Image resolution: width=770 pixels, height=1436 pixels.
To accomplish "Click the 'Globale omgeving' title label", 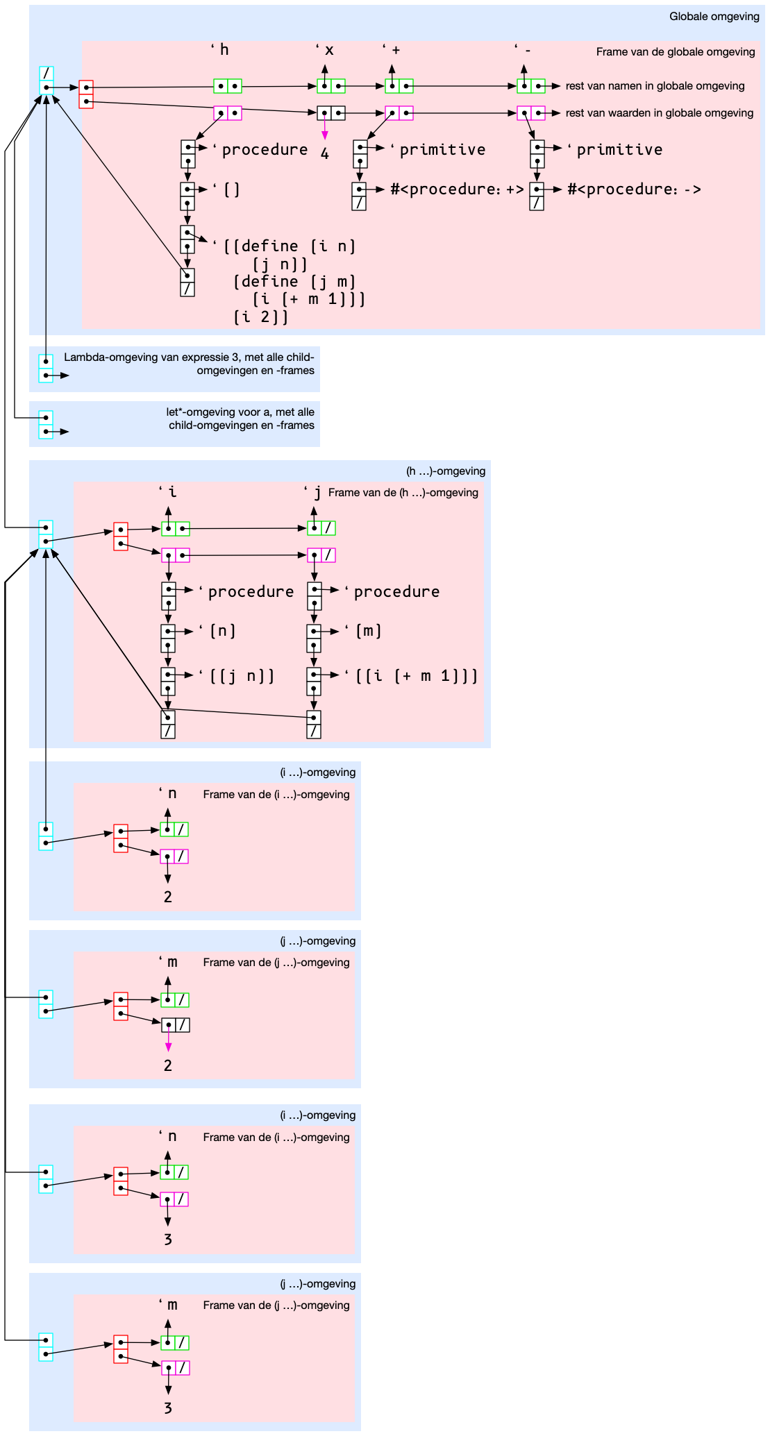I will (x=714, y=17).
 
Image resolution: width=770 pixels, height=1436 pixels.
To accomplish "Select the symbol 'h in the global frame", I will (x=221, y=49).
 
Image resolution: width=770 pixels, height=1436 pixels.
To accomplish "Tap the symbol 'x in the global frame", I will (x=326, y=49).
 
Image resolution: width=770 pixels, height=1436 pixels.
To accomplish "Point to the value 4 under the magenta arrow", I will (x=324, y=154).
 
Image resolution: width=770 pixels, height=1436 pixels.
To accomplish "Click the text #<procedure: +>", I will (x=456, y=189).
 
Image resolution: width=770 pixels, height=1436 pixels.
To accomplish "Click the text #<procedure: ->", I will (x=633, y=189).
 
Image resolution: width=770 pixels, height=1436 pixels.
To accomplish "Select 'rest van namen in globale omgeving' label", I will (x=655, y=86).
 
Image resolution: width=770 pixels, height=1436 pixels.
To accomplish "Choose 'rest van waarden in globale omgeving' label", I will (x=659, y=113).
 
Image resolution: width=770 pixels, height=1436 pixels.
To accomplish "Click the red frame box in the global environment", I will (x=86, y=94).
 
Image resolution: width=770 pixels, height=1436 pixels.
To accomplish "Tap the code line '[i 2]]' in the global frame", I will (x=260, y=317).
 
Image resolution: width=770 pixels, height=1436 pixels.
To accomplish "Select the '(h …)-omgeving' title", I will (x=445, y=471).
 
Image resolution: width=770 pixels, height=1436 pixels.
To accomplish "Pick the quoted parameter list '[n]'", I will (x=221, y=631).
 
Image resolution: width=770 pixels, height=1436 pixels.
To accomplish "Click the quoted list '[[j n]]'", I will (x=240, y=676).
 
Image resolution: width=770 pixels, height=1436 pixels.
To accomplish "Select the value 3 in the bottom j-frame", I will (x=168, y=1408).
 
